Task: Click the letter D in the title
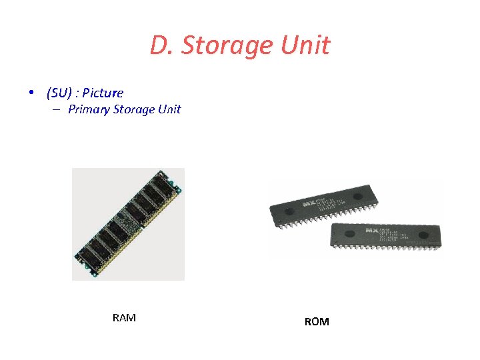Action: pos(158,46)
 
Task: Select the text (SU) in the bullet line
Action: pos(60,93)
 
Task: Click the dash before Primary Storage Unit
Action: pos(57,109)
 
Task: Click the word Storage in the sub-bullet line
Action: pos(134,109)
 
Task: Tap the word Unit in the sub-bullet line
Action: pos(169,109)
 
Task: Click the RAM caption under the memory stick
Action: pos(125,318)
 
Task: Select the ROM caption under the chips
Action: pos(317,322)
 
